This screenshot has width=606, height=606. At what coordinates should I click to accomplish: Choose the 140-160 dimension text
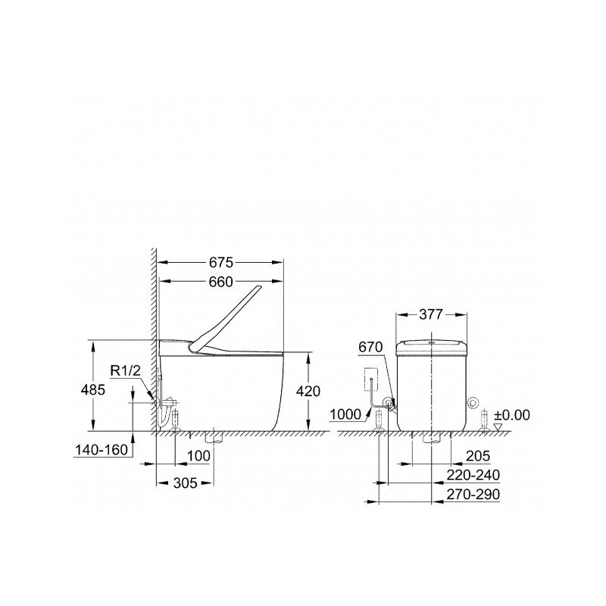pos(102,450)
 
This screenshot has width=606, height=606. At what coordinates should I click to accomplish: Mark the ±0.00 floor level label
pos(512,415)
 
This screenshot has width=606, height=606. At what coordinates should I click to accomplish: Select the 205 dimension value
pos(478,455)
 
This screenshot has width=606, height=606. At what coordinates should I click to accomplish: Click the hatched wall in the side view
pos(153,341)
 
